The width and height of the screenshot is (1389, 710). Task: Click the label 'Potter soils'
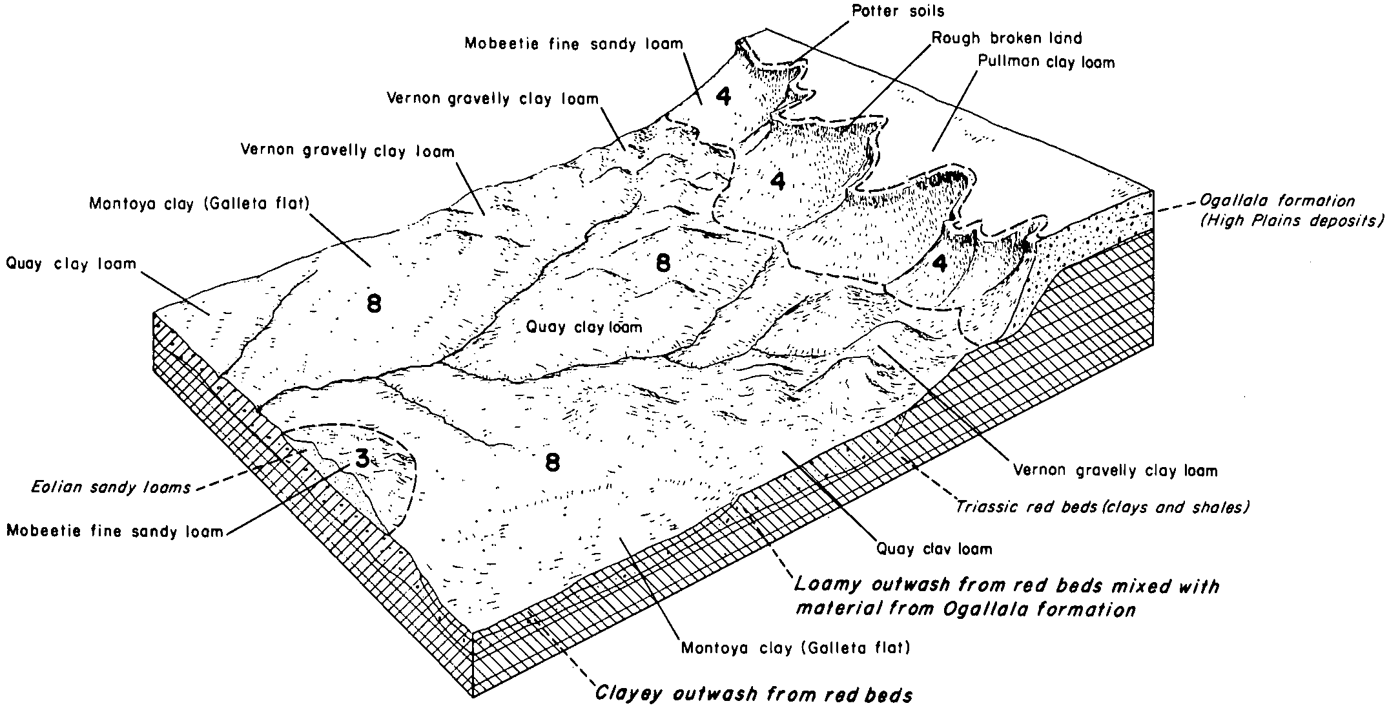pos(898,11)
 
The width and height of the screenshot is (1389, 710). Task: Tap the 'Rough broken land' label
pos(1006,38)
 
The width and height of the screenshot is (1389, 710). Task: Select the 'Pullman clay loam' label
pos(1046,62)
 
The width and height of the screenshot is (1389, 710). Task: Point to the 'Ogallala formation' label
pos(1276,201)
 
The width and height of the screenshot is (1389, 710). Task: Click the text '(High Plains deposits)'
pos(1291,221)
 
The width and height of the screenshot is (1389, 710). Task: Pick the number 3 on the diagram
pos(362,458)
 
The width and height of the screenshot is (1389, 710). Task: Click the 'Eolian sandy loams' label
pos(111,487)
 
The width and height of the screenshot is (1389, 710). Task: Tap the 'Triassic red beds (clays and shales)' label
pos(1102,507)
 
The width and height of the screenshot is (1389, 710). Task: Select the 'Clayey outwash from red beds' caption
pos(753,695)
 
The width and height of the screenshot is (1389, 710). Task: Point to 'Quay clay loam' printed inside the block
pos(584,327)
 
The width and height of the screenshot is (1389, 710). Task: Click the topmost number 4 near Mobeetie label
pos(723,96)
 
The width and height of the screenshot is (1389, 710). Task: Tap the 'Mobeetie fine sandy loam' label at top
pos(573,44)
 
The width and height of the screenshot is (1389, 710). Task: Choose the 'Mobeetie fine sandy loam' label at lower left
pos(114,532)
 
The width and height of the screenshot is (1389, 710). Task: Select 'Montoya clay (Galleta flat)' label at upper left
pos(200,204)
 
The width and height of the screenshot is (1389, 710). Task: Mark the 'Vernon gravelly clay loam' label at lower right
pos(1115,471)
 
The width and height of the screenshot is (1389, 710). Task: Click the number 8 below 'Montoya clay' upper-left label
pos(374,303)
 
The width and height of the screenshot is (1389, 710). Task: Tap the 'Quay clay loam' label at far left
pos(71,264)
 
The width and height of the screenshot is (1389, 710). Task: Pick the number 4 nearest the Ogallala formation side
pos(940,264)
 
